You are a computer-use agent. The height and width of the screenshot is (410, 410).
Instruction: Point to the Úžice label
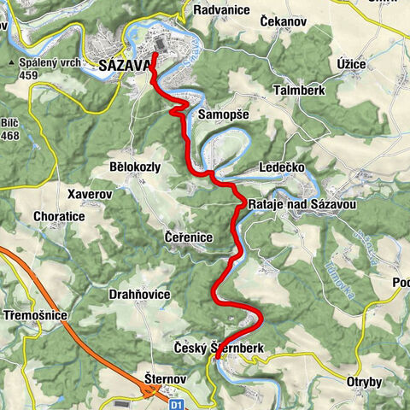[330, 64]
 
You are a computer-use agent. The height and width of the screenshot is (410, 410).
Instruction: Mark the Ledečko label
[281, 167]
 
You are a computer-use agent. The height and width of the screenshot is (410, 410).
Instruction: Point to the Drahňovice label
[139, 294]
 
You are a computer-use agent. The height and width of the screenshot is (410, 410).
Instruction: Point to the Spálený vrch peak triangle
[11, 63]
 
